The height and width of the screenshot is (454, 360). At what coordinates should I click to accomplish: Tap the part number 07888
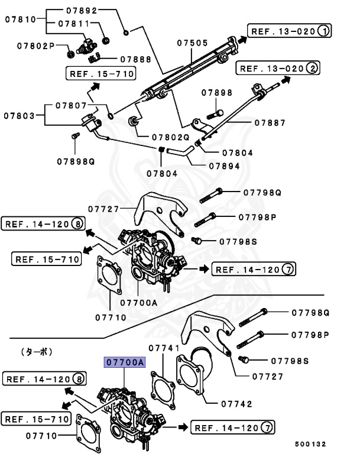pos(135,59)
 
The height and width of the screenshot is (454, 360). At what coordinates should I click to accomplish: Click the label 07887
pos(270,123)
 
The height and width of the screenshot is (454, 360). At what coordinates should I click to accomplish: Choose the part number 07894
pos(224,166)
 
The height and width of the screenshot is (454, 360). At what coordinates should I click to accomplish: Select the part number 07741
pos(164,348)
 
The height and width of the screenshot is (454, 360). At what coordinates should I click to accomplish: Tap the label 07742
pos(236,404)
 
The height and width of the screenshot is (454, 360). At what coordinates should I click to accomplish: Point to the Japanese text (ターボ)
pos(37,351)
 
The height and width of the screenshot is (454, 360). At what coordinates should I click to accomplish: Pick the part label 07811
pos(73,24)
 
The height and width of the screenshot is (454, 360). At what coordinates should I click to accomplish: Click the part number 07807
pos(72,106)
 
